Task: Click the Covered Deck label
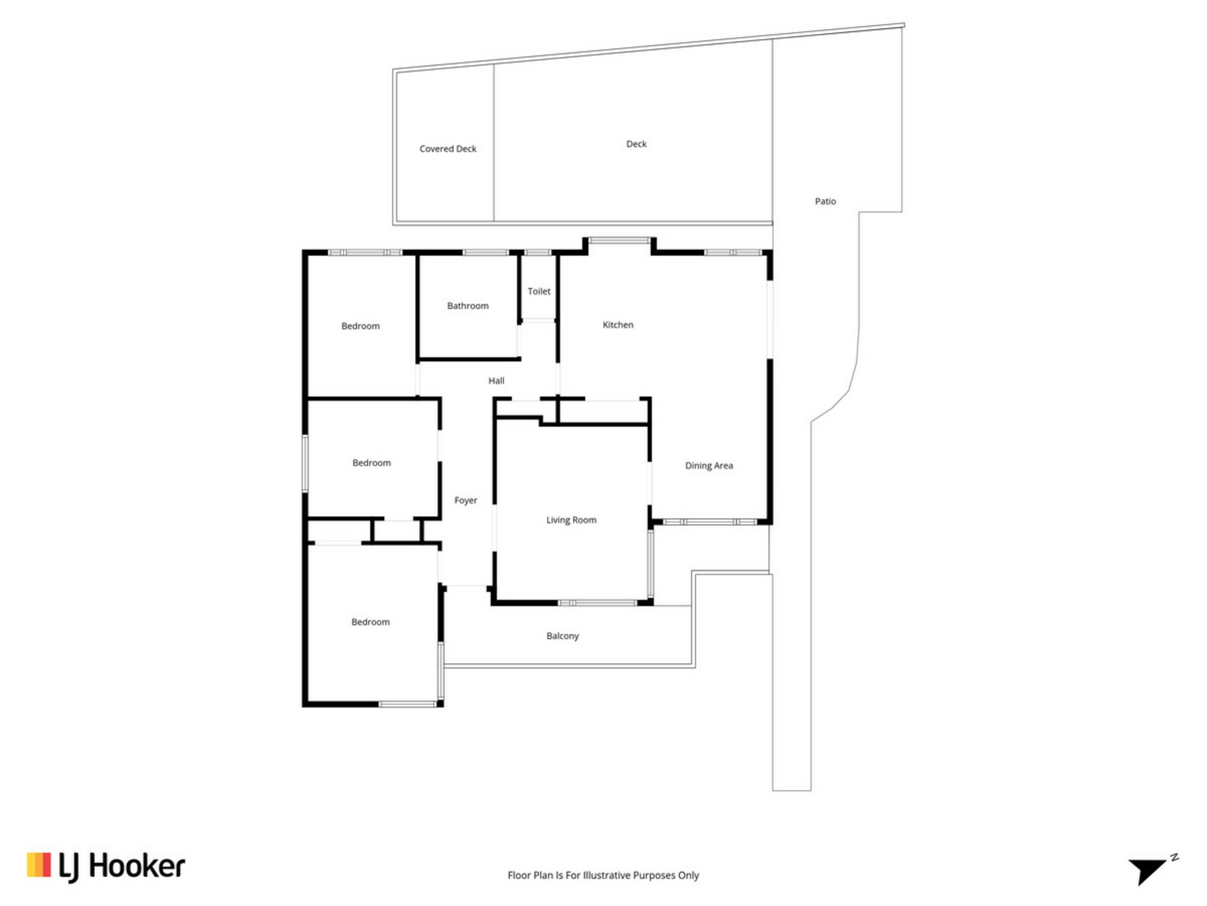[448, 148]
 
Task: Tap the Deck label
[636, 143]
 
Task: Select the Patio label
[825, 201]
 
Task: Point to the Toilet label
[539, 291]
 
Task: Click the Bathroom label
[468, 306]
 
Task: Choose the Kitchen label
[618, 325]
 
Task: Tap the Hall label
[496, 381]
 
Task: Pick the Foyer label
[466, 500]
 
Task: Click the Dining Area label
[709, 466]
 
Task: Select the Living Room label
[571, 520]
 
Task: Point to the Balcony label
[563, 636]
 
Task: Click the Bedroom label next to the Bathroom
[360, 326]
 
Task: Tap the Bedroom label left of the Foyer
[372, 463]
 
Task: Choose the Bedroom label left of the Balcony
[370, 622]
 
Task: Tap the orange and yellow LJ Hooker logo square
[38, 865]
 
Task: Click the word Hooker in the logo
[137, 866]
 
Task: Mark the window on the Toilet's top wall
[537, 252]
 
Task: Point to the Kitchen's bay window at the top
[619, 240]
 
